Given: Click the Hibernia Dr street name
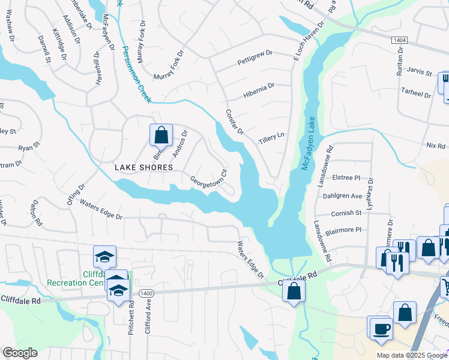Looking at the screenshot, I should coord(259,90).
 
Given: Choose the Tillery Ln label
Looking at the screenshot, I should coord(271,139).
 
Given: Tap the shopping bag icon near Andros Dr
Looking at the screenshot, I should coord(161,134).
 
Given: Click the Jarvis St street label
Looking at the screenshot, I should coord(420,72).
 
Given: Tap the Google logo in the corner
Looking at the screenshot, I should coord(20,353).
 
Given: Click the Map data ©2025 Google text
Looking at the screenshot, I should coord(412,355).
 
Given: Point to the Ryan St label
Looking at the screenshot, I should coord(28,146).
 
